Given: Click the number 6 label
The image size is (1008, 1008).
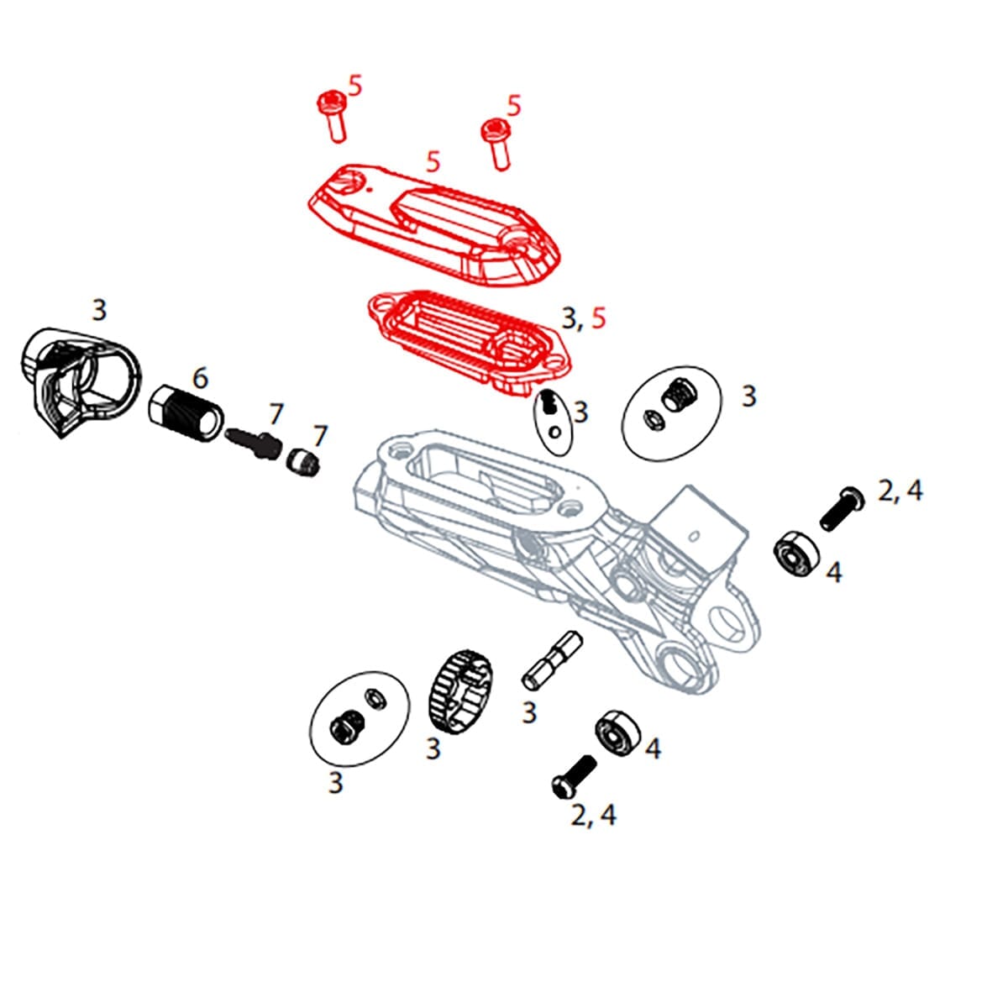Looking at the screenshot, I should coord(200,378).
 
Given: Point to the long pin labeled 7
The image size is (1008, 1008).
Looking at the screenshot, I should coord(254,442).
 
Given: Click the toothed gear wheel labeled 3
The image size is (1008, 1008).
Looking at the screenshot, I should coord(465,690).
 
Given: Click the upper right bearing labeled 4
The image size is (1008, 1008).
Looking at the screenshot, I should coord(795,554).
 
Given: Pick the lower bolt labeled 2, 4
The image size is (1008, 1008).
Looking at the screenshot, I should coord(573,775).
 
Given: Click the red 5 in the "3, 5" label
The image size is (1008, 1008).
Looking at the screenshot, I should coord(599,318).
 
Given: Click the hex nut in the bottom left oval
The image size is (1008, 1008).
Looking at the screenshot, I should coord(346,724).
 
